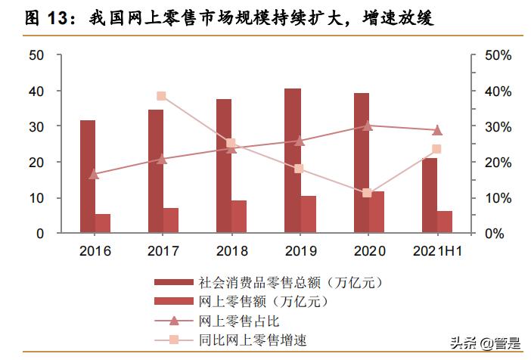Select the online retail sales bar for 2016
click(102, 224)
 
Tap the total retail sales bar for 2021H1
click(430, 196)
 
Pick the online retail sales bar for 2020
click(376, 213)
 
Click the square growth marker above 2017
click(161, 96)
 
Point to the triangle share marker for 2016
click(94, 174)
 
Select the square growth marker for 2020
click(368, 193)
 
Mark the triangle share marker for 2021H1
click(436, 130)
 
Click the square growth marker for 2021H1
click(436, 149)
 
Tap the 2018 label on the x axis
click(231, 251)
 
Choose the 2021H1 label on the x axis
click(436, 251)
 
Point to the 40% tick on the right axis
click(498, 91)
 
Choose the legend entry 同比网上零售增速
click(244, 340)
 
